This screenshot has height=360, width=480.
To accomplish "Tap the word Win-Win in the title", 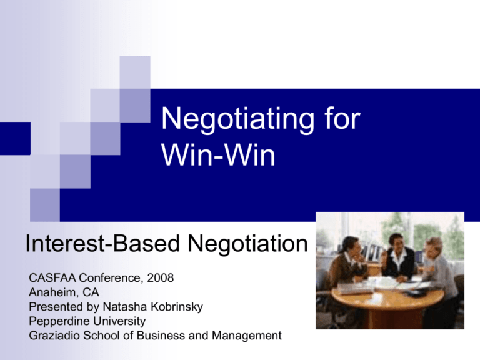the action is click(218, 155).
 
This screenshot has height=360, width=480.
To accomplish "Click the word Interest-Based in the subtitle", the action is click(102, 244).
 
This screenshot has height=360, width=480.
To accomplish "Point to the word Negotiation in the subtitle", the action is click(247, 244).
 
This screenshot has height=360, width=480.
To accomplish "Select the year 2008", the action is click(161, 278).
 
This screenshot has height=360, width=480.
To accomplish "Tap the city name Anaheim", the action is click(54, 292).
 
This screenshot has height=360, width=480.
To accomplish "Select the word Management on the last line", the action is click(247, 336).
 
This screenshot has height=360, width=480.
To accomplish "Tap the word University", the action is click(115, 321).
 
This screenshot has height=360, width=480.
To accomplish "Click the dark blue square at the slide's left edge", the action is click(15, 138).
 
